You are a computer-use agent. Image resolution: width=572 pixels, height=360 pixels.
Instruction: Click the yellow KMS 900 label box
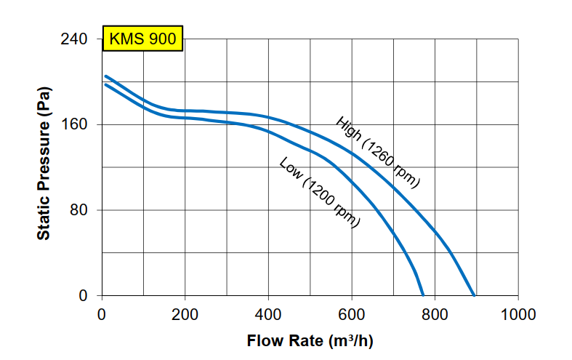point(142,39)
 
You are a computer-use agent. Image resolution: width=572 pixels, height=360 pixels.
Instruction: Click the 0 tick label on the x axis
point(102,315)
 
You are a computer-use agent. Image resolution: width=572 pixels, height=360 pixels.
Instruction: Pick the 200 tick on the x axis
point(185,315)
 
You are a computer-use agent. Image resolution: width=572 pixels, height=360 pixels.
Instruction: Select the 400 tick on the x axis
point(269,315)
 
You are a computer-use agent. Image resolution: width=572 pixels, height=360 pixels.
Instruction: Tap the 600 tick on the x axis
point(352,315)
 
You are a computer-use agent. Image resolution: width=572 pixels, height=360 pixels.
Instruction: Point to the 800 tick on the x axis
point(435,315)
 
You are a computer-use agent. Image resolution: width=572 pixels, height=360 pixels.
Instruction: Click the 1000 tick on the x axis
point(518,315)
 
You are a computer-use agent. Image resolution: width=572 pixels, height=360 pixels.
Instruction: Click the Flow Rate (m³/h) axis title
point(310,340)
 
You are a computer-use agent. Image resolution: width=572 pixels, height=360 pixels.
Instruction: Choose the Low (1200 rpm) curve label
point(320,193)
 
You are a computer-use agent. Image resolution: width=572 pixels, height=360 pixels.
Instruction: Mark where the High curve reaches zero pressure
point(474,296)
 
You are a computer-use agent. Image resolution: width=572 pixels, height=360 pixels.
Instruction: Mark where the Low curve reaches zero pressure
point(423,296)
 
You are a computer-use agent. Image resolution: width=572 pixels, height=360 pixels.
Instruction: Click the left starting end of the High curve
point(106,76)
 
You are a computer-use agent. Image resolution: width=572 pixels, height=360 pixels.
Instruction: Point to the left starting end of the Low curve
point(106,84)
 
